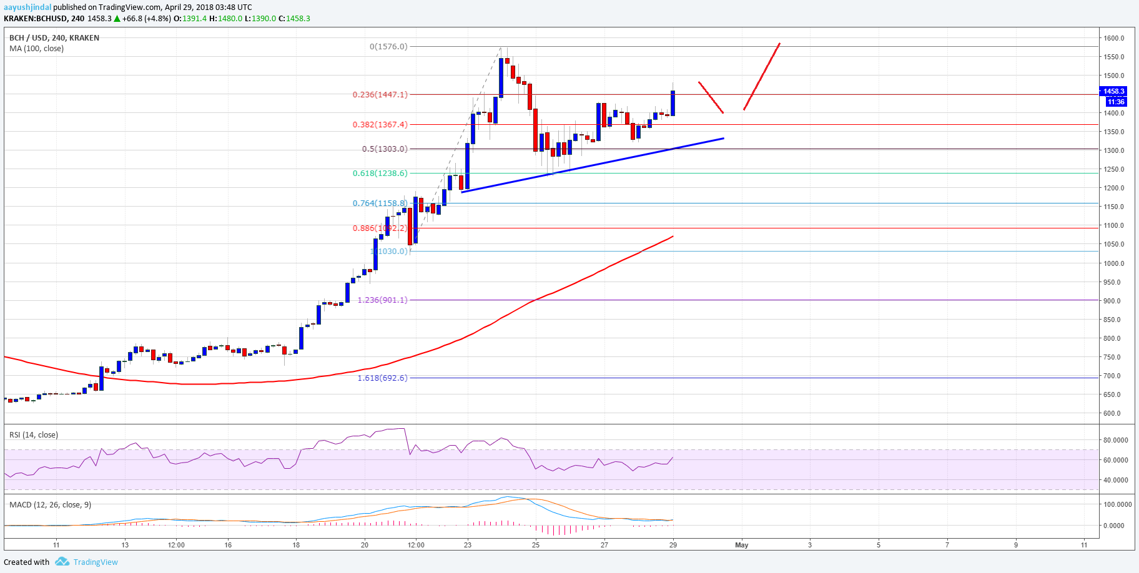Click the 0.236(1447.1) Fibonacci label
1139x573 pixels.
point(380,95)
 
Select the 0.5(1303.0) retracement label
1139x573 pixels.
point(385,149)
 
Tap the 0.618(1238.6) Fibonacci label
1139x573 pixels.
point(380,174)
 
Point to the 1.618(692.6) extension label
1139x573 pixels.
point(382,378)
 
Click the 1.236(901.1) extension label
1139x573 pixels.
point(382,300)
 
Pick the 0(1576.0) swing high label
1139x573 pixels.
point(388,47)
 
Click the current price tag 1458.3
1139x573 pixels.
point(1115,91)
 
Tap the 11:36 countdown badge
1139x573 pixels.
point(1115,102)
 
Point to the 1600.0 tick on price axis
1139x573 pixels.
point(1114,38)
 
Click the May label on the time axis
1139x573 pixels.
point(741,545)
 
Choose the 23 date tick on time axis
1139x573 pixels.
point(468,545)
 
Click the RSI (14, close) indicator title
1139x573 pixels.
point(34,435)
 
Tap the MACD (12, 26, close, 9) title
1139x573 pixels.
point(50,504)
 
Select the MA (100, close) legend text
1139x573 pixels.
point(36,49)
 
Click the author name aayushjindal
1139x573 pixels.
point(27,7)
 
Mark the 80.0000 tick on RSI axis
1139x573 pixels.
point(1115,440)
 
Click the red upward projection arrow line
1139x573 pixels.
point(762,76)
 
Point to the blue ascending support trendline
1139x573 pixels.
point(593,165)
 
